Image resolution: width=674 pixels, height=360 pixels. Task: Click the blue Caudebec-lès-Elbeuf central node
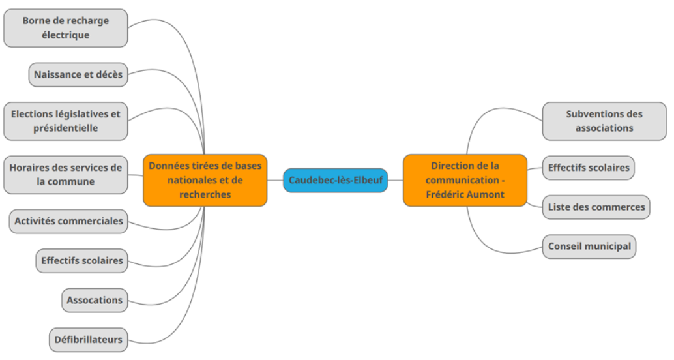(336, 180)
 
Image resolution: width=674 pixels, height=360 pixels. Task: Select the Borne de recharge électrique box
(65, 28)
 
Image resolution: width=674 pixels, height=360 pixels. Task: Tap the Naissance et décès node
(78, 74)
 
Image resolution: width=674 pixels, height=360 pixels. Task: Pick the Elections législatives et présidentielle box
(65, 121)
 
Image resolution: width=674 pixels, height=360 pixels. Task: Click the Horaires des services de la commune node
(65, 174)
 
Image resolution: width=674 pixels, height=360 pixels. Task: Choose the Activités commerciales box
(68, 220)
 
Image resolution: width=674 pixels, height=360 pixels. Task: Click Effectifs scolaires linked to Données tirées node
(81, 260)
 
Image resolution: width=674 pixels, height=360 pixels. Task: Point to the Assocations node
(95, 300)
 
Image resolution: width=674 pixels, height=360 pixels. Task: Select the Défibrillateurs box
(87, 339)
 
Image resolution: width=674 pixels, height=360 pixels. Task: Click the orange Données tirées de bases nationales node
(205, 180)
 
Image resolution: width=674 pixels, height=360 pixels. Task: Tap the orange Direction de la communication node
(465, 180)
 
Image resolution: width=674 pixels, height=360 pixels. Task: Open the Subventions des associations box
(604, 121)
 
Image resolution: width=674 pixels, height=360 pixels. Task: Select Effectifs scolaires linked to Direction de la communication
(588, 168)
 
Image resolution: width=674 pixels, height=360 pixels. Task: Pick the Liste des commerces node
(596, 207)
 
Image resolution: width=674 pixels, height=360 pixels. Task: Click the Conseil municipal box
(589, 247)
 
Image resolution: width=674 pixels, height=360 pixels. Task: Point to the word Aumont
(486, 194)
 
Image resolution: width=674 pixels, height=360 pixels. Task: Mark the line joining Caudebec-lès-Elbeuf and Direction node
(396, 180)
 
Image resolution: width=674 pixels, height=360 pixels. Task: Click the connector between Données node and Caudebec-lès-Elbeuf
(275, 180)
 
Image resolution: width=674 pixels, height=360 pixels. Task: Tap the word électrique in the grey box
(65, 35)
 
